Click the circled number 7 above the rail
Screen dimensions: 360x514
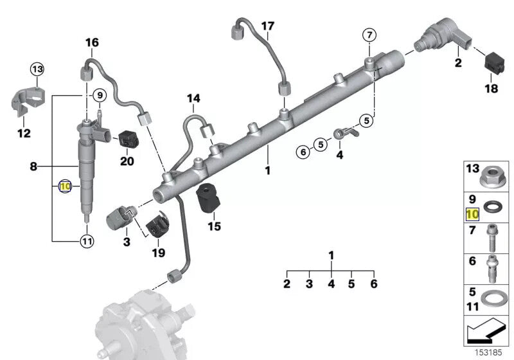(369, 34)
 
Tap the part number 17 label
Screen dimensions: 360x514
(267, 26)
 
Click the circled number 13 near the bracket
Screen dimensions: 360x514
(37, 69)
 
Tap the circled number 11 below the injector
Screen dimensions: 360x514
(86, 242)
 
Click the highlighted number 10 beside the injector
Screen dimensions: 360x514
(64, 186)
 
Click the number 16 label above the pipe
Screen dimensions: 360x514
(92, 43)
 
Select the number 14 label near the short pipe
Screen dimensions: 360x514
(193, 98)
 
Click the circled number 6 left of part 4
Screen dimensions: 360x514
(302, 152)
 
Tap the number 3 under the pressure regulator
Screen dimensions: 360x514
(127, 242)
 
